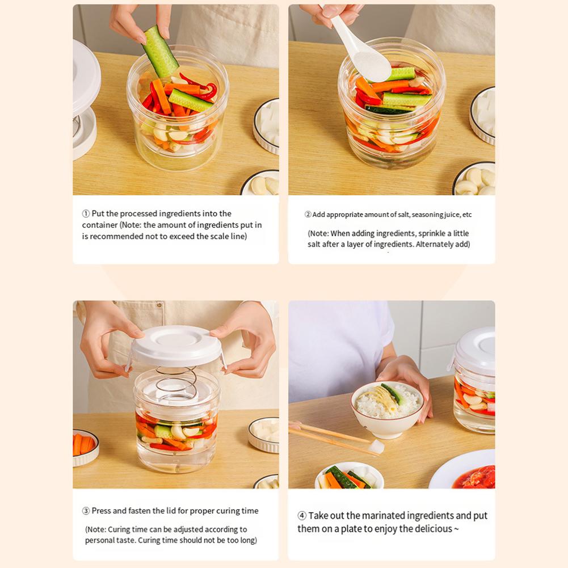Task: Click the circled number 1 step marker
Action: click(x=86, y=214)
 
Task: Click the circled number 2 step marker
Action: click(x=308, y=214)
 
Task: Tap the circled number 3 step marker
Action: click(x=86, y=511)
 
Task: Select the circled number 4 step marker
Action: click(x=302, y=515)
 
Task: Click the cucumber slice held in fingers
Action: click(x=160, y=52)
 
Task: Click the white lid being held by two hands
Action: click(x=176, y=346)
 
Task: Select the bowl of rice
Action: click(x=386, y=409)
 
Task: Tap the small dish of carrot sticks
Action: click(x=85, y=447)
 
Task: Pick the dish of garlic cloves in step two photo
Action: click(x=474, y=179)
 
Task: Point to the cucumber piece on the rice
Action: click(x=393, y=394)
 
